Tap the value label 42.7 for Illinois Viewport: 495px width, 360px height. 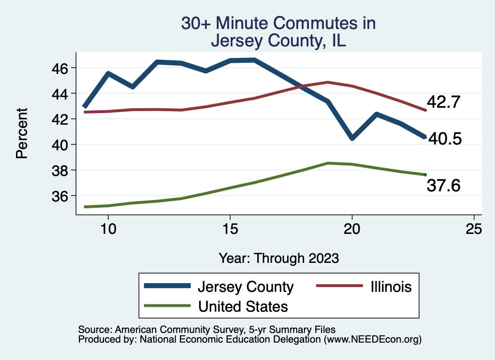point(443,102)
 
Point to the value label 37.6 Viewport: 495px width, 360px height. point(443,185)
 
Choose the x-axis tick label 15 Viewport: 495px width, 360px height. point(230,229)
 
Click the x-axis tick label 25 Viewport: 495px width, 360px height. point(474,229)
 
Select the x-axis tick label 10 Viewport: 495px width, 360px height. point(108,229)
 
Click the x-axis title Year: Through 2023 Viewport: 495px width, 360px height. point(278,258)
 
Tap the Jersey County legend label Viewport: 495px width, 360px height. point(246,287)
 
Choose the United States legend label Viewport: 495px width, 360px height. point(243,306)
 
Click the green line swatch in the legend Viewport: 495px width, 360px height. point(166,306)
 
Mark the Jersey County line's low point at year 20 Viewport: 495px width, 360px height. point(352,138)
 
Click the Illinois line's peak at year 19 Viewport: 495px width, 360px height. point(328,82)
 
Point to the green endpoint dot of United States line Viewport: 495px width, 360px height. point(425,174)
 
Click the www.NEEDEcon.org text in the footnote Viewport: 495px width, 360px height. point(372,340)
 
